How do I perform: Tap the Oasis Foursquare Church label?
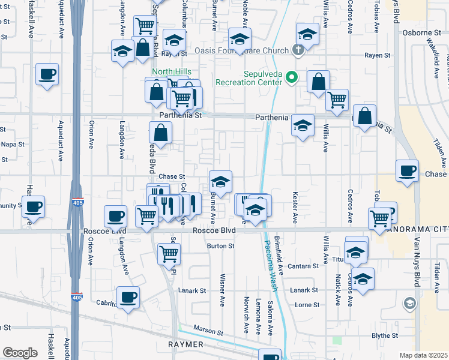tap(243, 50)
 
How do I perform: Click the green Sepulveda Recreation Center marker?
tap(292, 77)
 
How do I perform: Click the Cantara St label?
tap(304, 266)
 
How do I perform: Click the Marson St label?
tap(208, 332)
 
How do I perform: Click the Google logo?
tap(20, 352)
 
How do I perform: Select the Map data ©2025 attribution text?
tap(423, 355)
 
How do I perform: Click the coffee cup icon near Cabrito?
tap(127, 297)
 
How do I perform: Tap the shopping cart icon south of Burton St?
tap(169, 253)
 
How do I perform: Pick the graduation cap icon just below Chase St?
tap(220, 181)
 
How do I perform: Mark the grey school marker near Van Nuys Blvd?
tap(410, 303)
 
